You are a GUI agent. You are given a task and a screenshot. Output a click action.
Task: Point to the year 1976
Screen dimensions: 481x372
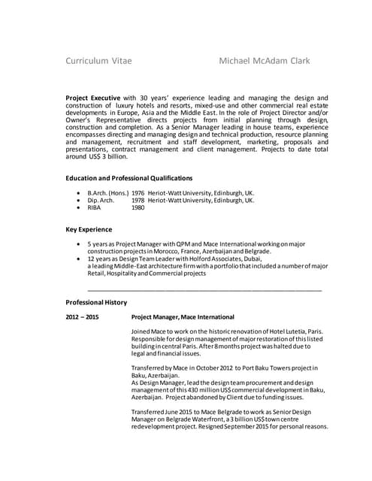(x=138, y=192)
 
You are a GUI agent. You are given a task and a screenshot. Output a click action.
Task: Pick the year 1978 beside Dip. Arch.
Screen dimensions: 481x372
(x=138, y=201)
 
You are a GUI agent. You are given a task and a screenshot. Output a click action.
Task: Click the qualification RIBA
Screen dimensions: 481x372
(x=95, y=208)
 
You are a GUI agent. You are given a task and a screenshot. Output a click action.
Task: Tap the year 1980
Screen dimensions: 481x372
(x=138, y=208)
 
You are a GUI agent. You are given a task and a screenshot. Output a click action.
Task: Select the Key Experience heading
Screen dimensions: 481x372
(x=89, y=228)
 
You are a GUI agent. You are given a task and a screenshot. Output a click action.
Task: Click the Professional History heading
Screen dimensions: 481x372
(x=96, y=301)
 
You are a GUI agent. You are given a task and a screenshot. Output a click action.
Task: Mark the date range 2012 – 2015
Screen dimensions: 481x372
(x=82, y=317)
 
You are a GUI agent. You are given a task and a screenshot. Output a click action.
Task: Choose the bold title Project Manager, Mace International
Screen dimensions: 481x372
(x=183, y=317)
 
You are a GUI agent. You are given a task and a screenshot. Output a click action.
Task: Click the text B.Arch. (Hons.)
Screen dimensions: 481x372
(x=106, y=192)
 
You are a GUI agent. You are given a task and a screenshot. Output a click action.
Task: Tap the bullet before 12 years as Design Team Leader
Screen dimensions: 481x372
(x=80, y=259)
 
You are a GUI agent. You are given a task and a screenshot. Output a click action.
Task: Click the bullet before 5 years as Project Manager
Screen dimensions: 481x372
(x=80, y=244)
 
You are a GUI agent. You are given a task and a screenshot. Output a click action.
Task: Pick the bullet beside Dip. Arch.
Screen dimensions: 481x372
(x=80, y=201)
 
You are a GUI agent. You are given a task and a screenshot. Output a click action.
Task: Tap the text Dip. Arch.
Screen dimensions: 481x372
(x=101, y=201)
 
